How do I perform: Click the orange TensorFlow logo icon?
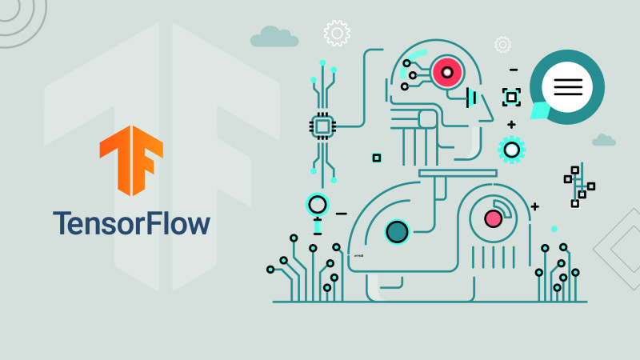coord(131,160)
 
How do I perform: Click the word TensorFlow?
coord(131,223)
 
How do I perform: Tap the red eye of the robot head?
coord(447,72)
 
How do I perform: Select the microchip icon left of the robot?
coord(322,126)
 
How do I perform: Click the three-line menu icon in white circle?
coord(568,87)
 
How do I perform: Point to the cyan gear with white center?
coord(511,150)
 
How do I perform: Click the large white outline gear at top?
coord(337,33)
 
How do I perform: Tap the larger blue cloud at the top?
coord(274,37)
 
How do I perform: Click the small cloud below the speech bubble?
coord(604,140)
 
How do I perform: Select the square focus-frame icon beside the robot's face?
coord(511,97)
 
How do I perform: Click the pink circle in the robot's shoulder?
coord(493,218)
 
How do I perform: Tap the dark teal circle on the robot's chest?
coord(397,232)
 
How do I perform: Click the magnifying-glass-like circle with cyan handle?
coord(317,205)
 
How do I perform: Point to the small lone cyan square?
coord(377,158)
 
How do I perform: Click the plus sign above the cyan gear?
coord(511,125)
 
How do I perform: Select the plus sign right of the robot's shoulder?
coord(534,207)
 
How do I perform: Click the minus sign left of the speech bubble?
coord(514,70)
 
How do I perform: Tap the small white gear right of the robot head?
coord(503,45)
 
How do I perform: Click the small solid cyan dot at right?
coord(554,229)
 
